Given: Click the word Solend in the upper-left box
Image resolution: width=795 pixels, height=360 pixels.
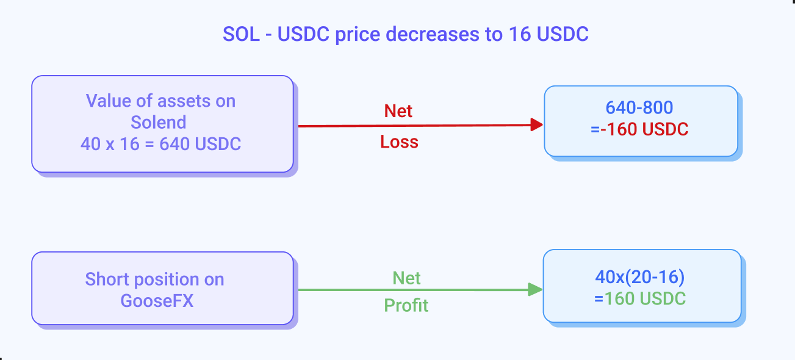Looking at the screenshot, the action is [158, 123].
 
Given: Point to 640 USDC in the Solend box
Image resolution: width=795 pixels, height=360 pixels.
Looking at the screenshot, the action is [200, 144].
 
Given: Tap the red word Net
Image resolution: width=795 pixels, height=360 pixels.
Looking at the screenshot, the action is [398, 111].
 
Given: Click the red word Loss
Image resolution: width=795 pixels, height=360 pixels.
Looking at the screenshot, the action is [399, 142].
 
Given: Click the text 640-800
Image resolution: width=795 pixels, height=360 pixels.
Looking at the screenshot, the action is [639, 107].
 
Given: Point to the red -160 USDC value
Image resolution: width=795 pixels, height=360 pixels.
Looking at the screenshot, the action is [644, 129].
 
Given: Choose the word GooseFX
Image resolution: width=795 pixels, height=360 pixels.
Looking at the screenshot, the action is [157, 301].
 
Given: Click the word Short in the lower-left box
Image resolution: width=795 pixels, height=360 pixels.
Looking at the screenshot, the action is [107, 279].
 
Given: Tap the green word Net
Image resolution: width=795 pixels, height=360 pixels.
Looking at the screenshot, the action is [406, 278].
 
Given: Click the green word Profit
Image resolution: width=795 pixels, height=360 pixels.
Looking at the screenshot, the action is [406, 305].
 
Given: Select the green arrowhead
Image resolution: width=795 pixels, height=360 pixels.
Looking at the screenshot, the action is [535, 289].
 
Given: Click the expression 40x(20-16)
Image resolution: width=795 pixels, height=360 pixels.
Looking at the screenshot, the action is [640, 277].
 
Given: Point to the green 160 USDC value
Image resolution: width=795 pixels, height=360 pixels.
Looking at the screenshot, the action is [645, 298].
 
